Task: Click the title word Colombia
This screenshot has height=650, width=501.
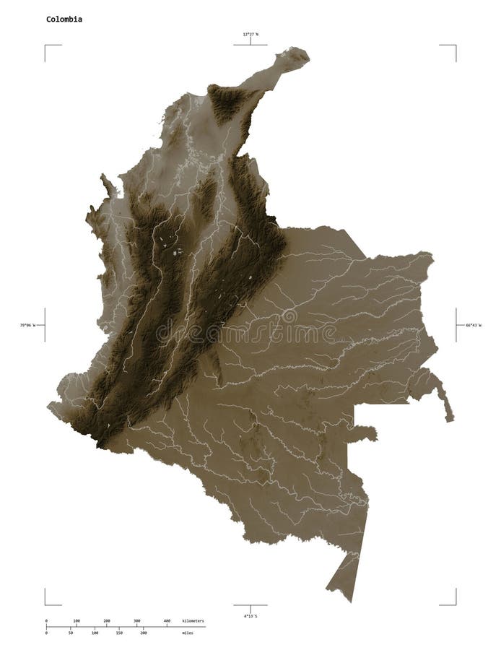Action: tap(64, 19)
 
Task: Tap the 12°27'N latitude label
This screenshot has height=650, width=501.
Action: tap(250, 33)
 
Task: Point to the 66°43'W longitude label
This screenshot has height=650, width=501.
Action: tap(470, 326)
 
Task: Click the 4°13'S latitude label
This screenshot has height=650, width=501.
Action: tap(250, 616)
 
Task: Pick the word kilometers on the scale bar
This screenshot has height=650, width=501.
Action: tap(193, 620)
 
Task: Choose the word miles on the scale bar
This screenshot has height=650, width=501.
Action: tap(188, 633)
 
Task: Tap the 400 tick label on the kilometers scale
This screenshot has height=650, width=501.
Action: tap(167, 620)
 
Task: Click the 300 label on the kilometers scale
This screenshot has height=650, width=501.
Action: tap(136, 620)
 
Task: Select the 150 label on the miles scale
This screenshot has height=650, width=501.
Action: tap(119, 633)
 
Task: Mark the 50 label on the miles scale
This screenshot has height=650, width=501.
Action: tap(71, 633)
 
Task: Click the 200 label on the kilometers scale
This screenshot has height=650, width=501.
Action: tap(106, 620)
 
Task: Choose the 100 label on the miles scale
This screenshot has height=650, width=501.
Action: tap(95, 633)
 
